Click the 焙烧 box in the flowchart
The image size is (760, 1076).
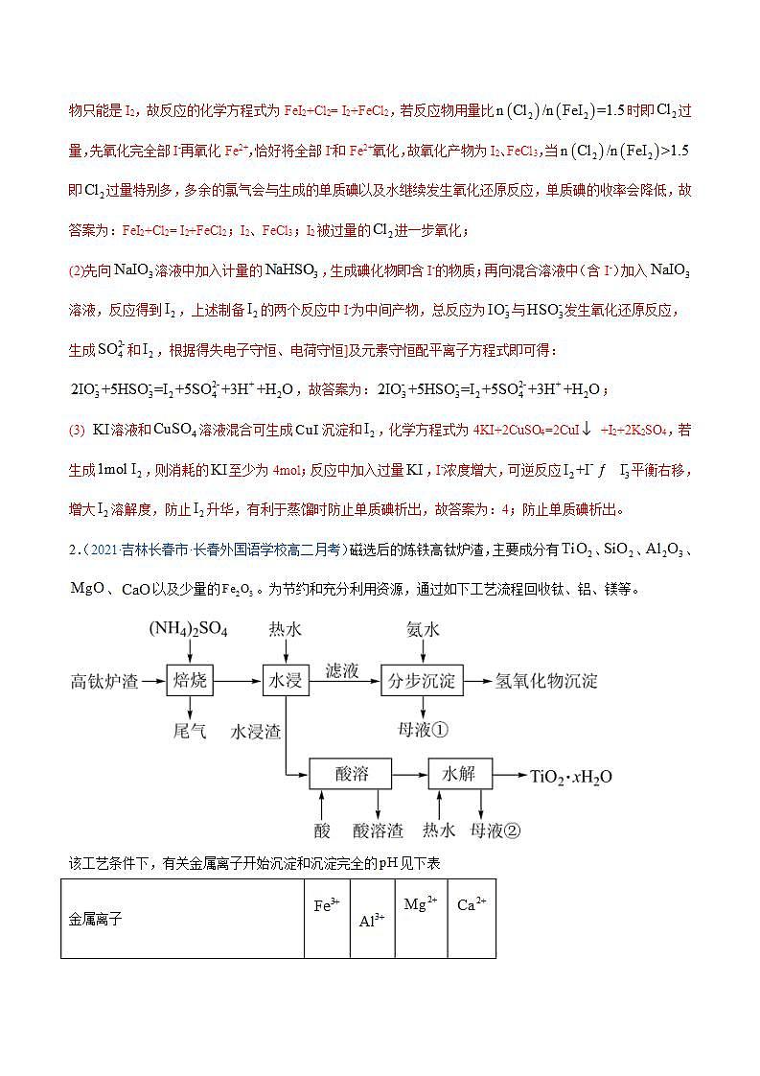[x=190, y=681]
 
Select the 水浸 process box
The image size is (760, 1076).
[x=285, y=681]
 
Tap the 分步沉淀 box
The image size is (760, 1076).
[x=422, y=681]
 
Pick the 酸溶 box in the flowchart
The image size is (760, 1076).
[x=352, y=774]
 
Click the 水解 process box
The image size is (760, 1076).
[x=459, y=774]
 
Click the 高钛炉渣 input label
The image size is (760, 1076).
[x=104, y=682]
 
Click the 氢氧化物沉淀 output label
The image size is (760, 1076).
[x=546, y=682]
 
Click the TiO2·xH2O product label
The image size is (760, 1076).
[x=571, y=776]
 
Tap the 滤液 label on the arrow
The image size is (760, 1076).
[x=342, y=670]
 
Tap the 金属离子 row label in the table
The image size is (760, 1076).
[x=96, y=919]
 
